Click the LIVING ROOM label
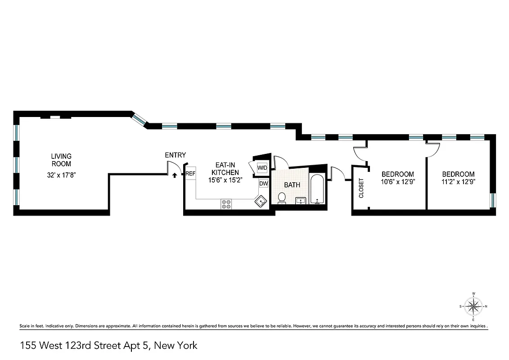[x=61, y=160]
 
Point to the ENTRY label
[x=175, y=155]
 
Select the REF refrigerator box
[x=190, y=173]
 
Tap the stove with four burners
[x=226, y=204]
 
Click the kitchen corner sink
[x=261, y=202]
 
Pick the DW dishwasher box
[x=264, y=184]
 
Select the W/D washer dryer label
[x=262, y=168]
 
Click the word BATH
[x=292, y=184]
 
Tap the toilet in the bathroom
[x=282, y=198]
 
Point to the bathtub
[x=317, y=189]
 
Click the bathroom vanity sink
[x=301, y=201]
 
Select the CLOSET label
[x=361, y=188]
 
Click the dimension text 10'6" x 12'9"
[x=397, y=182]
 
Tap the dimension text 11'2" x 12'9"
[x=458, y=182]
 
